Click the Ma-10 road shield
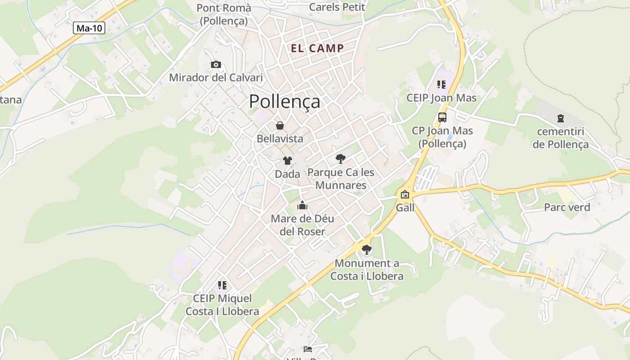(x=89, y=28)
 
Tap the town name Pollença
(x=284, y=101)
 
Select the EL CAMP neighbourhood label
(x=317, y=49)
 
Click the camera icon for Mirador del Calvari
(x=216, y=64)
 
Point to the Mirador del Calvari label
(x=216, y=77)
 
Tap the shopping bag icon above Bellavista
(x=280, y=126)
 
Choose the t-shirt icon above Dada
(x=287, y=161)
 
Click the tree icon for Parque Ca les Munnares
(x=341, y=158)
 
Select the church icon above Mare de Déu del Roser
(x=302, y=206)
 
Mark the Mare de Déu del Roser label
(x=302, y=225)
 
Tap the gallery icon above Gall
(x=405, y=194)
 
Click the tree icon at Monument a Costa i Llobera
(x=367, y=249)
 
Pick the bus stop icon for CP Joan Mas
(x=442, y=117)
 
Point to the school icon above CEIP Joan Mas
(x=441, y=84)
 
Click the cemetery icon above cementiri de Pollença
(x=561, y=118)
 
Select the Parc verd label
(x=567, y=207)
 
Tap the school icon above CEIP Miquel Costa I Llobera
(x=222, y=285)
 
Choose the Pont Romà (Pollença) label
(x=224, y=14)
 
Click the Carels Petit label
(x=337, y=7)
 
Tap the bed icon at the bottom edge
(x=308, y=349)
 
